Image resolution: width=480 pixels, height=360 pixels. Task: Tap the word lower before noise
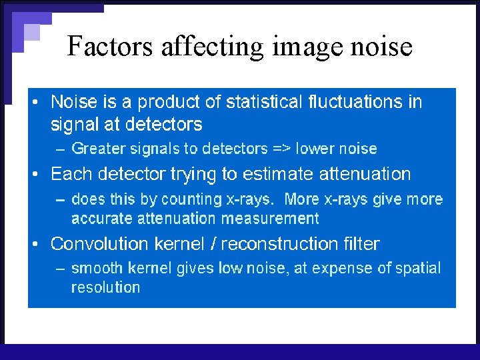[x=317, y=149]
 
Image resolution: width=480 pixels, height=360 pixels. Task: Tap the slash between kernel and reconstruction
[x=213, y=244]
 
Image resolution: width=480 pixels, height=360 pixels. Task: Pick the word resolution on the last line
[x=105, y=287]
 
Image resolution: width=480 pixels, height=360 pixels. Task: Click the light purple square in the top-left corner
[x=31, y=31]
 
